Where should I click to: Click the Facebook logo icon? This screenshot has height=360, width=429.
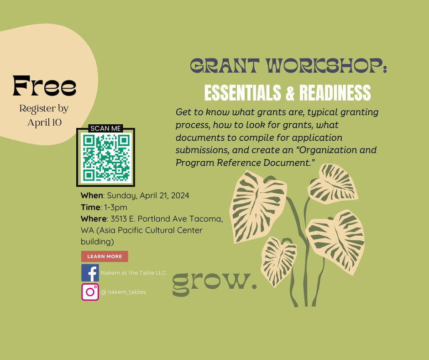pyautogui.click(x=90, y=273)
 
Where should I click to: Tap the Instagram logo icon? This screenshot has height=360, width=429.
pyautogui.click(x=90, y=292)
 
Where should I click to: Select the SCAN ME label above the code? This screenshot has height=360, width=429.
pyautogui.click(x=105, y=128)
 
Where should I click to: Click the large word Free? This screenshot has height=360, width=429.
pyautogui.click(x=44, y=86)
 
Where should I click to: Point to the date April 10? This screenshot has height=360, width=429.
pyautogui.click(x=44, y=122)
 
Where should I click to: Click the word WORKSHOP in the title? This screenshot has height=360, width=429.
pyautogui.click(x=327, y=66)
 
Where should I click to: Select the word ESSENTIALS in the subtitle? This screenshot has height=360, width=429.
pyautogui.click(x=243, y=93)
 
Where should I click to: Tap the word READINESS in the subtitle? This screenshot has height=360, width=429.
pyautogui.click(x=335, y=93)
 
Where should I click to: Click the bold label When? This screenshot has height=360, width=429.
pyautogui.click(x=92, y=196)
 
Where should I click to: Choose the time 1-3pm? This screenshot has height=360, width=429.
pyautogui.click(x=115, y=207)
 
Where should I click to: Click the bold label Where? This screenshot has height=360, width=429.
pyautogui.click(x=94, y=219)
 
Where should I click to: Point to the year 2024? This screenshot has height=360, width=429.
pyautogui.click(x=180, y=196)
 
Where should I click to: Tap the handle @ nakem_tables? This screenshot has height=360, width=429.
pyautogui.click(x=123, y=292)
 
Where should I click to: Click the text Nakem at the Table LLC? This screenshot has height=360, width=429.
pyautogui.click(x=133, y=273)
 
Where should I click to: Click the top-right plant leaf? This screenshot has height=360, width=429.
pyautogui.click(x=333, y=184)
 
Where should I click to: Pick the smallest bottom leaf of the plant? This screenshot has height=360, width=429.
pyautogui.click(x=278, y=261)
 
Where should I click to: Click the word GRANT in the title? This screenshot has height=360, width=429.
pyautogui.click(x=225, y=66)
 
